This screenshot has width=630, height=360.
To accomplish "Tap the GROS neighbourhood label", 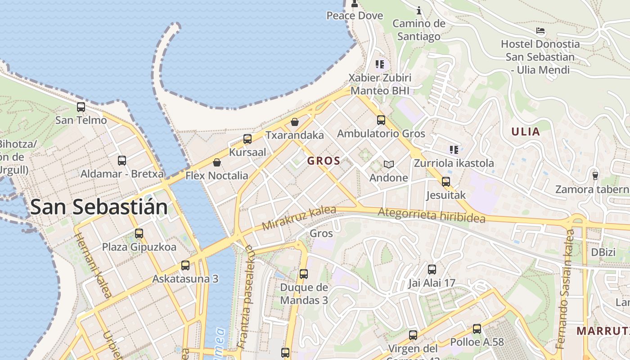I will (x=324, y=161).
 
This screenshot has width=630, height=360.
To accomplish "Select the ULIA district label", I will (x=525, y=132).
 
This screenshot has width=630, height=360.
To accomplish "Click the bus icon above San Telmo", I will (x=81, y=107).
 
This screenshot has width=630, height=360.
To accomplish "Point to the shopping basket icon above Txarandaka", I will (x=295, y=122).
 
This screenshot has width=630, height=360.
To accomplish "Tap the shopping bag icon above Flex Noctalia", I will (x=217, y=162).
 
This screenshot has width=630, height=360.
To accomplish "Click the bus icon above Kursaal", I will (x=247, y=139).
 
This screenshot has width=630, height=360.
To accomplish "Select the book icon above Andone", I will (x=388, y=165).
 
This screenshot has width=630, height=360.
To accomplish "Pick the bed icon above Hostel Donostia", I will (x=540, y=31).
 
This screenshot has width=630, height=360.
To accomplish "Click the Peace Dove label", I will (x=355, y=16).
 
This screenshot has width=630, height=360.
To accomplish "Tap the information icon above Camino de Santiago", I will (x=419, y=10).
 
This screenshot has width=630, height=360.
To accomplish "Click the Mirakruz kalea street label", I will (x=299, y=218).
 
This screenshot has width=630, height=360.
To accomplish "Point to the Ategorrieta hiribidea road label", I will (x=432, y=215).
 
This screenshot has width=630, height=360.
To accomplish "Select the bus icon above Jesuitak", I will (x=446, y=182).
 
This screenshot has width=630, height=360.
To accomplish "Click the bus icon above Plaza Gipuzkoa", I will (x=139, y=234).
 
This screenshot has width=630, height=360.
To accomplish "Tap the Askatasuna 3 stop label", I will (x=185, y=279).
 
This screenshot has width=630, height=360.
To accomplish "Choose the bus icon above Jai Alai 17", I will (x=432, y=270).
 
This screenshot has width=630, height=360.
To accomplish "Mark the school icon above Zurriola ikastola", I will (x=454, y=149).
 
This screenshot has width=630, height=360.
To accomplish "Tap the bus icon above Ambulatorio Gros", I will (x=381, y=120).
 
